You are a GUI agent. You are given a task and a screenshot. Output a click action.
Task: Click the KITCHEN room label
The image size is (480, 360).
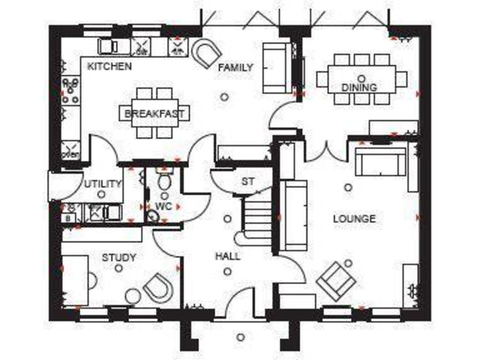click(109, 66)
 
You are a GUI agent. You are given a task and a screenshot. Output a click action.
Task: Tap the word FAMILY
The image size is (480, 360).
click(235, 67)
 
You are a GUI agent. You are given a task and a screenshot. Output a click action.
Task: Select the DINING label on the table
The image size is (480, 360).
click(359, 88)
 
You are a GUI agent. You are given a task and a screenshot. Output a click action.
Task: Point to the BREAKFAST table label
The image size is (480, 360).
click(154, 114)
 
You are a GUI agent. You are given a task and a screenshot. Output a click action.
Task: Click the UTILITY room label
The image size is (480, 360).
click(102, 184)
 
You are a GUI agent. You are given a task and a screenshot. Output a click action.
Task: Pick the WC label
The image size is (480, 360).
click(164, 206)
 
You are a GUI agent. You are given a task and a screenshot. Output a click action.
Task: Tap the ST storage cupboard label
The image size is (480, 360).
click(248, 182)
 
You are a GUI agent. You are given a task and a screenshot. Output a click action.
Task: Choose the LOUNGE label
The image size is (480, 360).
click(354, 219)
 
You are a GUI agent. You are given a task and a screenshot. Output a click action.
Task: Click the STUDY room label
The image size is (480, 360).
click(119, 257)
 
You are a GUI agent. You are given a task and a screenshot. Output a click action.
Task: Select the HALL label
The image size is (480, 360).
click(227, 256)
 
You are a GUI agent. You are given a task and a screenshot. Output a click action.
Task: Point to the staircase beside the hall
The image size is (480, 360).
click(256, 219)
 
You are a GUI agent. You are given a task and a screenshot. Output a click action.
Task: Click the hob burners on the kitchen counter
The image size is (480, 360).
click(71, 91)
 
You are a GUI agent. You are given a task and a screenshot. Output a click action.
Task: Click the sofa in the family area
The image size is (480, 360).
click(276, 67)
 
